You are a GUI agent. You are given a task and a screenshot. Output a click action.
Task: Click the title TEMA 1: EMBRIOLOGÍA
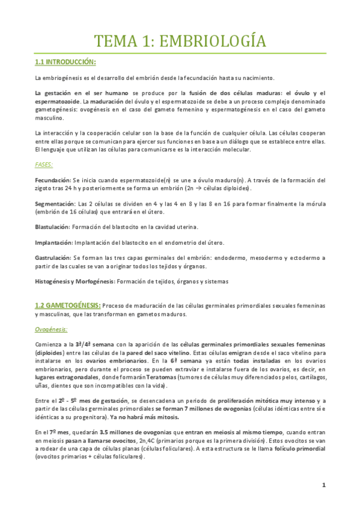[x=180, y=41]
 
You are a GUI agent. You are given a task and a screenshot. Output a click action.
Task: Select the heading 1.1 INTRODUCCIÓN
[x=66, y=62]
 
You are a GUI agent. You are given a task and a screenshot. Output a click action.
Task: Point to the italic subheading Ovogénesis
[x=51, y=329]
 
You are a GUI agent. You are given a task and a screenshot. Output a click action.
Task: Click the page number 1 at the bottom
[x=323, y=485]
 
